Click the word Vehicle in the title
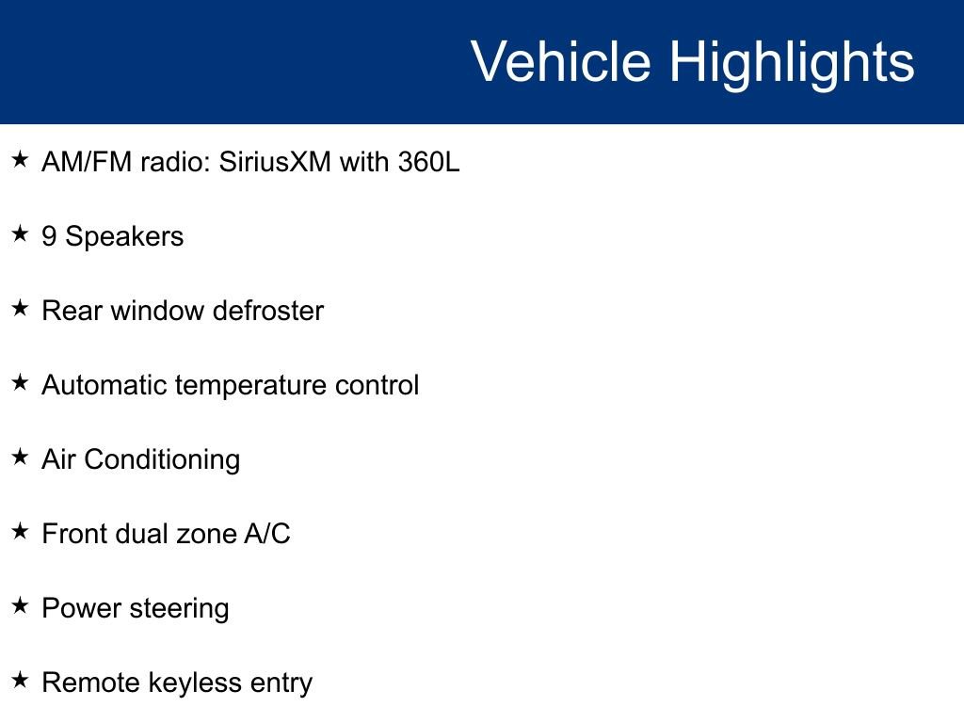[561, 61]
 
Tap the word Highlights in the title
[792, 65]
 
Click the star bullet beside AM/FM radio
[21, 159]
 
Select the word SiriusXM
[275, 162]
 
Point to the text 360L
[428, 162]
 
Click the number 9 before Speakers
[49, 236]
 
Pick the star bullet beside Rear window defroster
[21, 308]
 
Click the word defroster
[267, 311]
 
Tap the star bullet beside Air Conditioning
[21, 457]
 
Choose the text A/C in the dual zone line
[266, 534]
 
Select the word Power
[81, 608]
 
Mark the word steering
[179, 610]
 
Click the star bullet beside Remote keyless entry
[21, 680]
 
